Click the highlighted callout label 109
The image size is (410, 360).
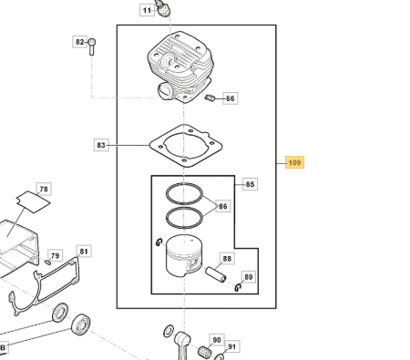click(294, 162)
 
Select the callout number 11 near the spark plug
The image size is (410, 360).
click(147, 10)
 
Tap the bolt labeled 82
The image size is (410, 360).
click(92, 46)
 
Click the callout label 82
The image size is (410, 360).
click(79, 42)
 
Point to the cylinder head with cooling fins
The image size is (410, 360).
click(180, 67)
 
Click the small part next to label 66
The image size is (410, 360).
click(210, 98)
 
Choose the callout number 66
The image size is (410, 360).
click(231, 98)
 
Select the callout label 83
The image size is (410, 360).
click(101, 145)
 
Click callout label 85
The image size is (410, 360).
click(250, 184)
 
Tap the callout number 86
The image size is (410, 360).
click(223, 206)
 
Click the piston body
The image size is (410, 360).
click(184, 256)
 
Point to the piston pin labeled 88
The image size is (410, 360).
click(216, 274)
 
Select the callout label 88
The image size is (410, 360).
click(227, 259)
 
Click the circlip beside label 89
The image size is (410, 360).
click(238, 287)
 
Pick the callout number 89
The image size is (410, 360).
click(249, 277)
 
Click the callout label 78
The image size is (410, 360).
click(44, 189)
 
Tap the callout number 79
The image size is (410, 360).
click(55, 255)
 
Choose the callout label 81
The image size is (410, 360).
click(84, 252)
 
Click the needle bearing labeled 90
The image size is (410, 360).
click(203, 351)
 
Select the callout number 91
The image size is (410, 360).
click(231, 346)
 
